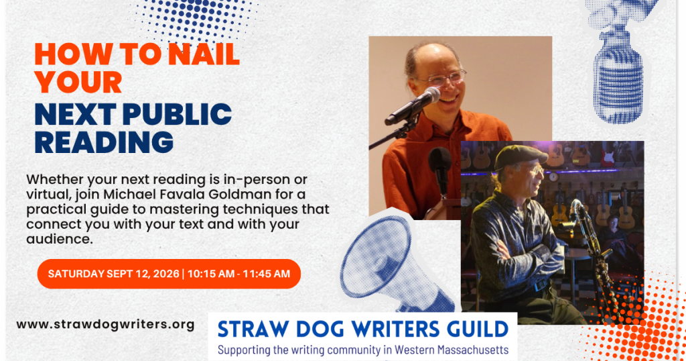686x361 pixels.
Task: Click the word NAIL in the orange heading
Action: [x=204, y=54]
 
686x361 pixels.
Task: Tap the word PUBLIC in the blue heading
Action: [x=177, y=114]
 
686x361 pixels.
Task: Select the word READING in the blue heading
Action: [x=104, y=142]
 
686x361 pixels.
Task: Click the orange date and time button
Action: [x=169, y=274]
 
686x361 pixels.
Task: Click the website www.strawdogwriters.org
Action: [x=105, y=325]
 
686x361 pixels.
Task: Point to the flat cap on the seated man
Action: [x=520, y=156]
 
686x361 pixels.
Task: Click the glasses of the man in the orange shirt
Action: [x=443, y=79]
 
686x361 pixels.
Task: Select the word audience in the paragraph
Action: [x=59, y=239]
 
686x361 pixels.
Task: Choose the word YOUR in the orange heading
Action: [x=78, y=83]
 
